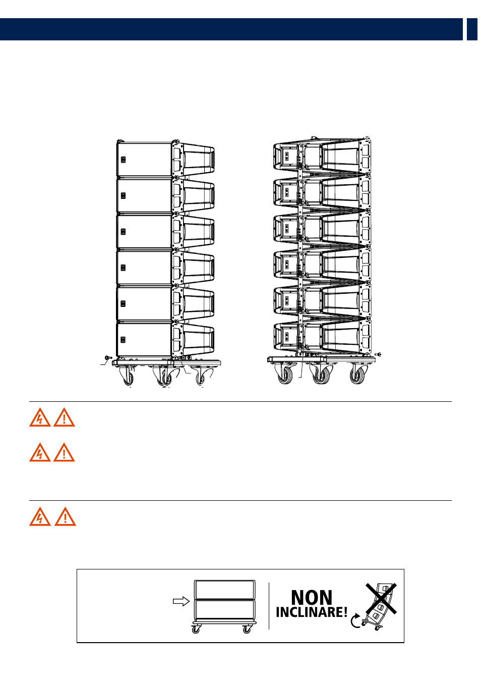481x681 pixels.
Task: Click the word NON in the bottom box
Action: [312, 597]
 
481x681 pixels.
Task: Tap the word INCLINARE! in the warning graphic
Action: [312, 612]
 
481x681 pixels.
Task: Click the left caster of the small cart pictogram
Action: [196, 630]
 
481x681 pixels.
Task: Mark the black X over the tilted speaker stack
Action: [381, 598]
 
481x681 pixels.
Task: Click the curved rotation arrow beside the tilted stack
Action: [355, 620]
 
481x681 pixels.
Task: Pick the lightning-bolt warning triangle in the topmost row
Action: [40, 417]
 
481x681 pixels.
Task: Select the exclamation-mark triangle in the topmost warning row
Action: [64, 417]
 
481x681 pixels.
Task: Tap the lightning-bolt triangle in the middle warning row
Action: [40, 452]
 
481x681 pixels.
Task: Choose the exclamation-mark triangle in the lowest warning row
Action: [65, 516]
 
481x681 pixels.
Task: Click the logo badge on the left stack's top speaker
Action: [124, 160]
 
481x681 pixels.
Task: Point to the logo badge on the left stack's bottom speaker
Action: [123, 340]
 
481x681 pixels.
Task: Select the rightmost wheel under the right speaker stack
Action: [357, 376]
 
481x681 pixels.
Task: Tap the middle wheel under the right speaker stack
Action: [321, 376]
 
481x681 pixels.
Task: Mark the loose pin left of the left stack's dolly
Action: [108, 357]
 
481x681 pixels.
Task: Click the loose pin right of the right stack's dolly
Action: [378, 354]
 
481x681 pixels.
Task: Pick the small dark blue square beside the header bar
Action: [472, 29]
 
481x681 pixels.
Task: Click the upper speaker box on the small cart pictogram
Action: [225, 590]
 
